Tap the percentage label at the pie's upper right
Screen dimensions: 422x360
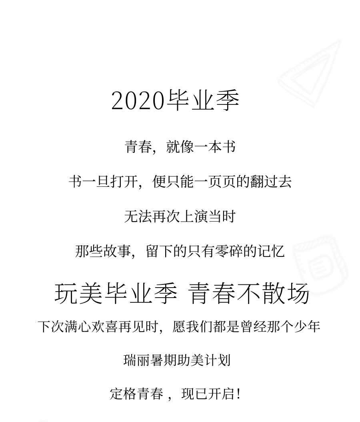tap(135, 210)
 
